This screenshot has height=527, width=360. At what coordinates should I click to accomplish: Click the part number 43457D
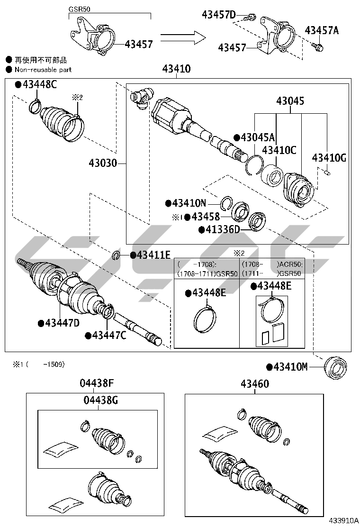(x=218, y=15)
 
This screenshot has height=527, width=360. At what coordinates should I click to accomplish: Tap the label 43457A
(x=322, y=30)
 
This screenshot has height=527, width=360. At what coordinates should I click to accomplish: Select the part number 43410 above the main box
(x=176, y=69)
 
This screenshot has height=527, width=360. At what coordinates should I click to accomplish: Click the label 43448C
(x=39, y=85)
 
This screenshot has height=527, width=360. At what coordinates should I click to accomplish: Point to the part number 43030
(x=102, y=164)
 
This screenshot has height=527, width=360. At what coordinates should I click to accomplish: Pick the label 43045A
(x=257, y=137)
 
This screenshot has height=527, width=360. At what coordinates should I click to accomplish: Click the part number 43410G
(x=329, y=158)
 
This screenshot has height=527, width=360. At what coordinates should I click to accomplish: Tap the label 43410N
(x=189, y=203)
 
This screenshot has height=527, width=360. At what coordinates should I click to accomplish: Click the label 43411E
(x=153, y=255)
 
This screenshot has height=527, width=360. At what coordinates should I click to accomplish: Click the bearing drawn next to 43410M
(x=336, y=367)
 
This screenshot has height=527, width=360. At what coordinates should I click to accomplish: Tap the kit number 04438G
(x=100, y=400)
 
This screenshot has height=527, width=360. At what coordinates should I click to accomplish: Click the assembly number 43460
(x=254, y=384)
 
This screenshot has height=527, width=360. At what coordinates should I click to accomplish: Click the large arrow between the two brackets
(x=182, y=37)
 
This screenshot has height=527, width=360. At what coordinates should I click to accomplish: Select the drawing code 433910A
(x=340, y=520)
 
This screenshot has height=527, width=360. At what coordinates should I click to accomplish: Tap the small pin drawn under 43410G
(x=326, y=173)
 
